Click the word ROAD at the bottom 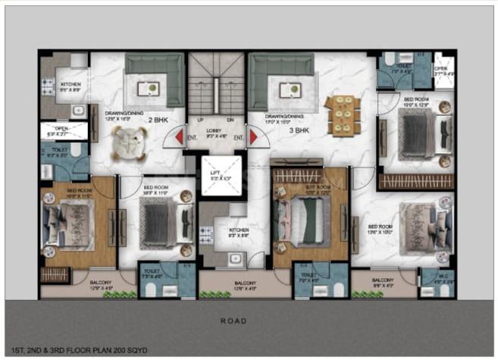point(233,321)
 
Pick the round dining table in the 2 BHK point(130,139)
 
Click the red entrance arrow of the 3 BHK point(253,138)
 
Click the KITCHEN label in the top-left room point(71,85)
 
